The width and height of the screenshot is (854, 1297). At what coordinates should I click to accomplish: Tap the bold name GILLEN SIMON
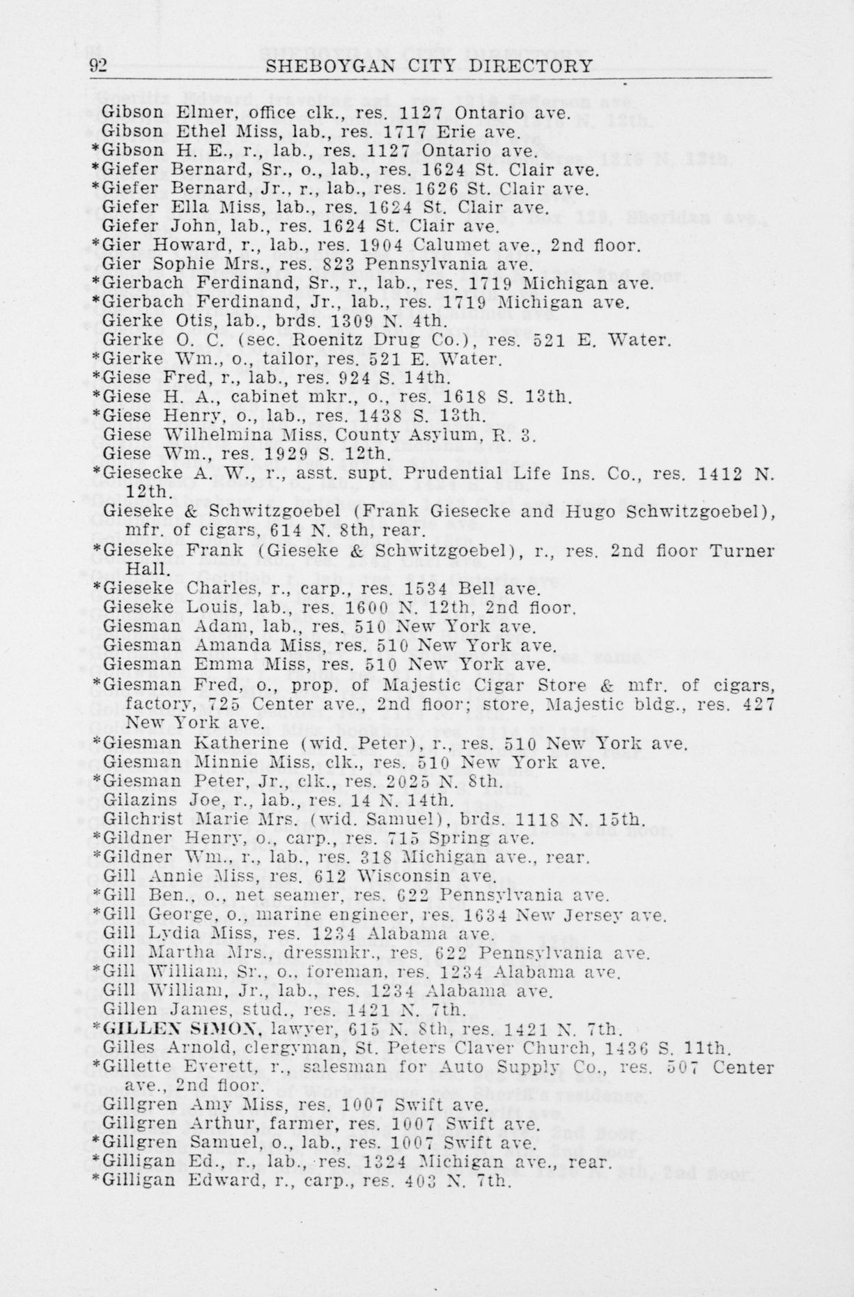(x=182, y=1028)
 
